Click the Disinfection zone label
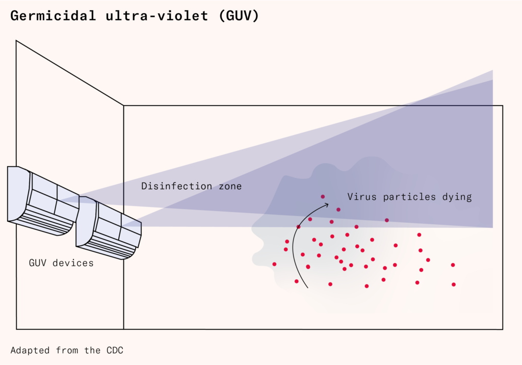191,187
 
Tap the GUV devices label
61,263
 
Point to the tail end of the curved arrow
307,288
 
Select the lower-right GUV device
109,227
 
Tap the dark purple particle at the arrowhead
323,196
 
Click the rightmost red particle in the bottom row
453,284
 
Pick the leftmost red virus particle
274,264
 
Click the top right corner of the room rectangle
503,106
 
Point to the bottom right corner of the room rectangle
503,329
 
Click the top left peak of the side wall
16,41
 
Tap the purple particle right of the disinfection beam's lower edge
387,220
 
